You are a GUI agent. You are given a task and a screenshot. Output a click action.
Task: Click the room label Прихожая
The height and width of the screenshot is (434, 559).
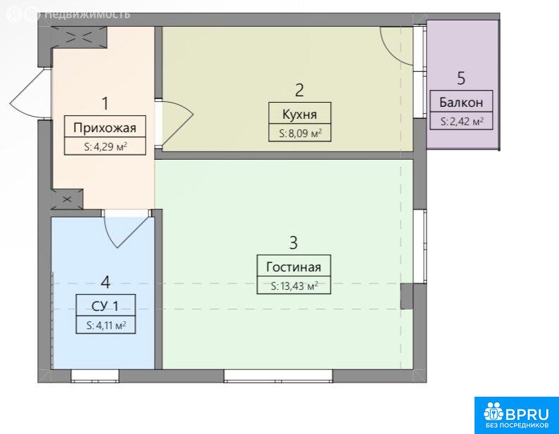coord(105,127)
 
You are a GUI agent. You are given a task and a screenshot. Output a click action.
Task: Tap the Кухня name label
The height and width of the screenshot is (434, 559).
coord(299,115)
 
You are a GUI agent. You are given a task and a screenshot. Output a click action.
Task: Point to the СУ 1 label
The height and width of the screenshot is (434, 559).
coord(105,306)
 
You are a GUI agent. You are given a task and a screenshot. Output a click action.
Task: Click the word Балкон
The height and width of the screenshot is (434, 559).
coord(461,102)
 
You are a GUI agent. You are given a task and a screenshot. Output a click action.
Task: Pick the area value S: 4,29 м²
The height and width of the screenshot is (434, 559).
coord(105,146)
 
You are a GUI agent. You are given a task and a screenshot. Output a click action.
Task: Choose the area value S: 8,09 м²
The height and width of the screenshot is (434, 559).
coord(300,134)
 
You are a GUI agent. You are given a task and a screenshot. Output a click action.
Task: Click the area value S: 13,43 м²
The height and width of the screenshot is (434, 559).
coord(294,286)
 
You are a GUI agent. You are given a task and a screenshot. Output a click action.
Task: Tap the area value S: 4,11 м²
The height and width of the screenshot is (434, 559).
coord(106,325)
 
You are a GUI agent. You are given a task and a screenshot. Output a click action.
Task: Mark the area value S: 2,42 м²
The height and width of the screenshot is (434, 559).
coord(462,122)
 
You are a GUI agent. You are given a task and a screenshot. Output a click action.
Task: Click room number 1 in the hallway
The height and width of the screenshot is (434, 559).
coord(105,103)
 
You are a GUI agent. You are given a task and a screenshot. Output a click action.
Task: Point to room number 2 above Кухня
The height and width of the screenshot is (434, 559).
coord(299,90)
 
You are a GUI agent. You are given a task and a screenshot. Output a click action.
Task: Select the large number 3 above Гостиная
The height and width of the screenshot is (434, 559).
coord(294,243)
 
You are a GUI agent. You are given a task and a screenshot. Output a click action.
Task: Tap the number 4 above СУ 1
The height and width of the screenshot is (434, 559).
coord(106,283)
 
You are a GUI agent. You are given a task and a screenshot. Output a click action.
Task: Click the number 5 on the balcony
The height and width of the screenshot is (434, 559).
coord(461,78)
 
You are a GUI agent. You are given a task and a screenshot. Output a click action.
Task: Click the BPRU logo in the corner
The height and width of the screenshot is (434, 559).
coord(517,416)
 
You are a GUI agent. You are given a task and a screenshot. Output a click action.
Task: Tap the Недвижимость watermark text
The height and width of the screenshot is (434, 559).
coord(87,15)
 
